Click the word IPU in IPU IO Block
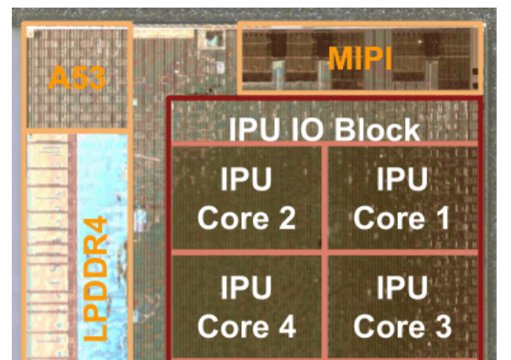coord(253,130)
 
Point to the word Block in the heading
coord(377,130)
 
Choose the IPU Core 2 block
coord(246,199)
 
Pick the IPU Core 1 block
coord(401,199)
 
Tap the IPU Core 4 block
coord(246,306)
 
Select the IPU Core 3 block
coord(401,306)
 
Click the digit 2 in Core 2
coord(284,219)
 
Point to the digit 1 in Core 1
coord(438,219)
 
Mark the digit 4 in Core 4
coord(284,326)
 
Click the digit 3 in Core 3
coord(439,326)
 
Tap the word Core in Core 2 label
coord(234,219)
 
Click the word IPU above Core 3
coord(401,287)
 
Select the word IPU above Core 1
coord(401,179)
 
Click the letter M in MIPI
coord(338,58)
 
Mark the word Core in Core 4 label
coord(234,326)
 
